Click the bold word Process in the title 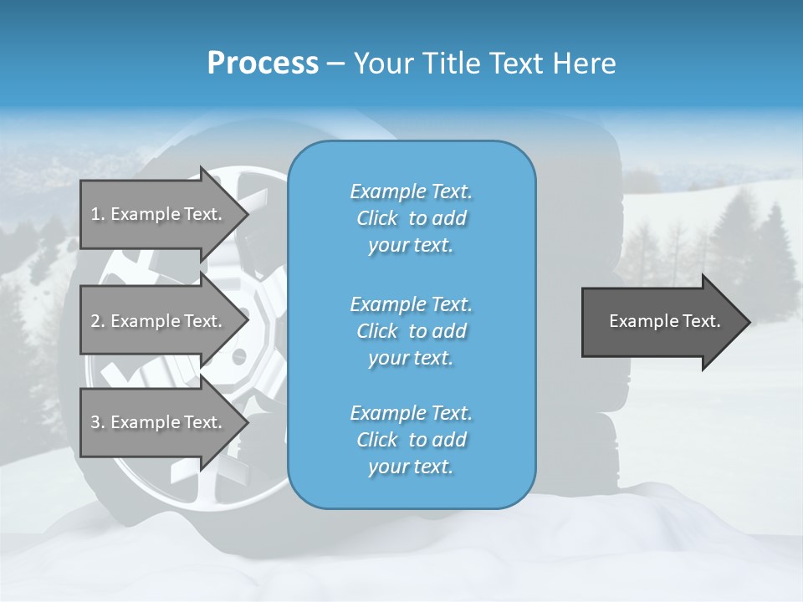263,64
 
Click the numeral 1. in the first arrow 98,214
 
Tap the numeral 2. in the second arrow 98,321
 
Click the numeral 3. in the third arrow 98,422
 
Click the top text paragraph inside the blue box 411,218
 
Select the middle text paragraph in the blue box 411,330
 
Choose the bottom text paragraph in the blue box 411,440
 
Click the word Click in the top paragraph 377,218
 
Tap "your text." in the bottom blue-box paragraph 411,467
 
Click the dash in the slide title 335,64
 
